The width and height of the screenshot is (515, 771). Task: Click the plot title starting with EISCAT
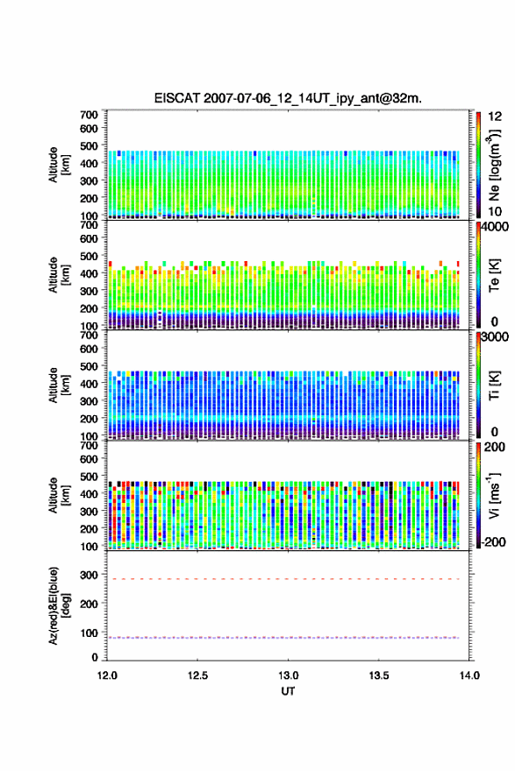[x=288, y=98]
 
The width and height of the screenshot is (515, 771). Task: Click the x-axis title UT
[x=288, y=691]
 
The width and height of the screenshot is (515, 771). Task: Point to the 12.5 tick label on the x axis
[x=197, y=676]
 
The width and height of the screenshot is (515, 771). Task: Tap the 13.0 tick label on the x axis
[x=288, y=676]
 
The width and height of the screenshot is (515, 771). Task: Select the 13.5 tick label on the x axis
[x=379, y=676]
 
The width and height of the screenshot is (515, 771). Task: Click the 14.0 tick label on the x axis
[x=469, y=676]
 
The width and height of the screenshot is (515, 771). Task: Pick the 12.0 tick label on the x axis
[x=107, y=676]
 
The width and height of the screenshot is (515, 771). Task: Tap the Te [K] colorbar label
[x=494, y=275]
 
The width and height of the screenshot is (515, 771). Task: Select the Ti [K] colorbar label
[x=494, y=385]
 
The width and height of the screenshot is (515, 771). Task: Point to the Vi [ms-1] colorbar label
[x=495, y=495]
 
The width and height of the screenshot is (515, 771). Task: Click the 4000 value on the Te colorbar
[x=495, y=227]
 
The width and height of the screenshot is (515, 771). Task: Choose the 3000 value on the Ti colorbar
[x=495, y=336]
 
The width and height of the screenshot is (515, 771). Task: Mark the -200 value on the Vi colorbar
[x=492, y=541]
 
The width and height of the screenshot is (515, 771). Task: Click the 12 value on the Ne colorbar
[x=495, y=117]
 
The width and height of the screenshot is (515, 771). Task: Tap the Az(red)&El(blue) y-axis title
[x=58, y=605]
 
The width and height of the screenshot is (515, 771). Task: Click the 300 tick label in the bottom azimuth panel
[x=89, y=575]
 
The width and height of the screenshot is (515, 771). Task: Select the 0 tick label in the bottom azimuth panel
[x=95, y=657]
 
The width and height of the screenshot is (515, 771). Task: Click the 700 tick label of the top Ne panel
[x=89, y=115]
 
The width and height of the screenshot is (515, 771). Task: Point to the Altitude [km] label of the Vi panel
[x=58, y=495]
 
